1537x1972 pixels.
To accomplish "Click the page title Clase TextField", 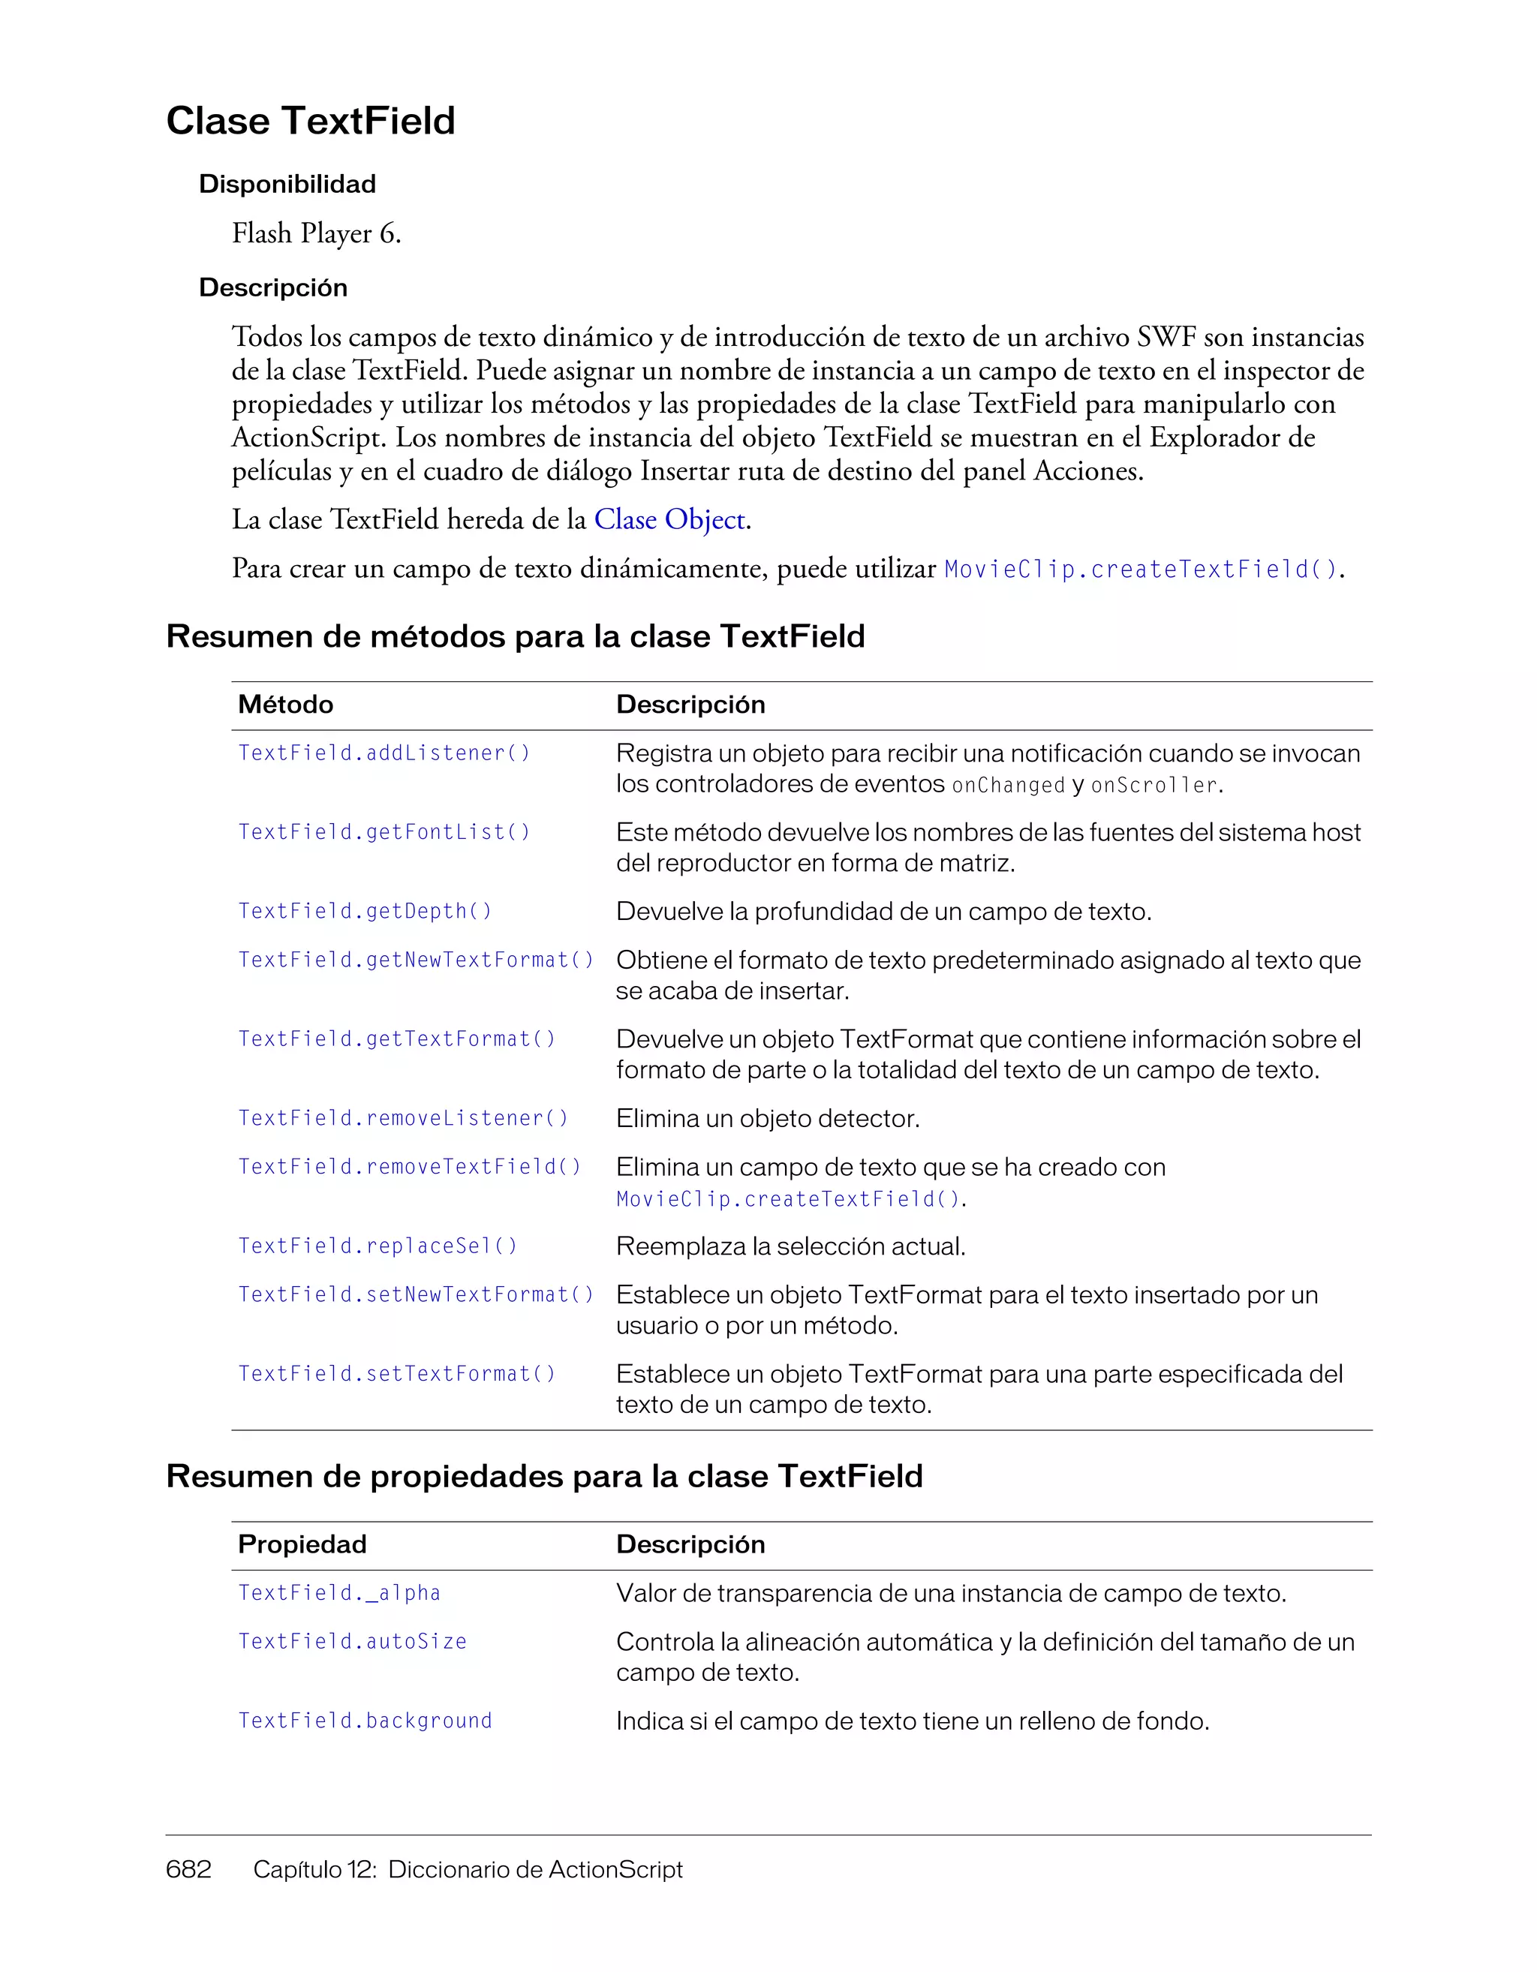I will point(311,121).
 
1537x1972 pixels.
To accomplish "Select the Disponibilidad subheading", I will point(287,184).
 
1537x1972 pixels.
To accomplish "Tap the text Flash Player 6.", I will point(316,234).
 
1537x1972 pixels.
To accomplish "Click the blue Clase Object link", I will point(670,520).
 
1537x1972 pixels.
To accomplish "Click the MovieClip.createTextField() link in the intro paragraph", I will point(1141,570).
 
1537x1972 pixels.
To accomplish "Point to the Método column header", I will point(285,705).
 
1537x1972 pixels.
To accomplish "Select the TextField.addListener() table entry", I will point(383,753).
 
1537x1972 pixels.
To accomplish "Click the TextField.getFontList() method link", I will point(383,832).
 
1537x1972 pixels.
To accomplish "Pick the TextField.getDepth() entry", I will point(365,911).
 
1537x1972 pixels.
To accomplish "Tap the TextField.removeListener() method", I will point(403,1119).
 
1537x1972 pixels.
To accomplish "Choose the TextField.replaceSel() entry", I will point(377,1246).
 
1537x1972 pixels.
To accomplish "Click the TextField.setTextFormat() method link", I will point(396,1374).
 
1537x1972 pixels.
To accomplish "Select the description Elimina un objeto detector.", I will point(768,1119).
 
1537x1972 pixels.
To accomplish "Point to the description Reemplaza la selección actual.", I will point(790,1246).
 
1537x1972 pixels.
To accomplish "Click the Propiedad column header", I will point(302,1544).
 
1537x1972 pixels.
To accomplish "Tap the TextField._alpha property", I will point(338,1594).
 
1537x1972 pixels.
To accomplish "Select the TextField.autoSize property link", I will point(352,1642).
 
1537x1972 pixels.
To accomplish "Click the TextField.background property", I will point(365,1721).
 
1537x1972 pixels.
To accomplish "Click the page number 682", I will point(188,1869).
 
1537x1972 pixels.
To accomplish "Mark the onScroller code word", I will point(1154,786).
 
